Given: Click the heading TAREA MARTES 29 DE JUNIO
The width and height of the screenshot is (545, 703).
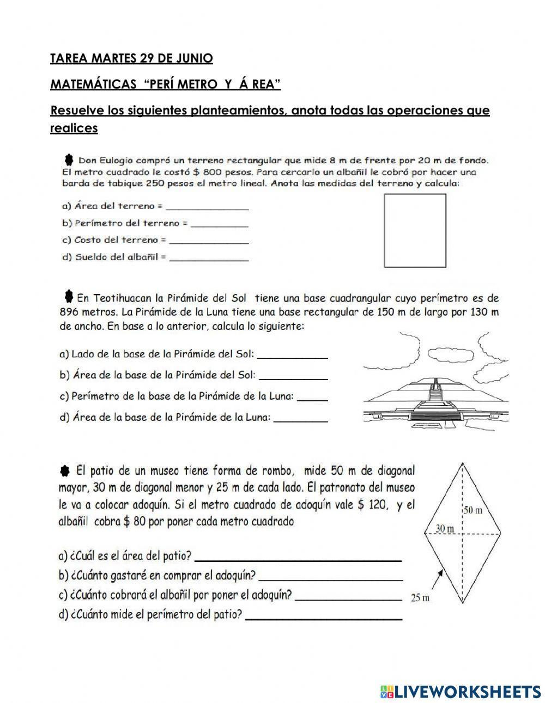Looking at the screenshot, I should (x=131, y=58).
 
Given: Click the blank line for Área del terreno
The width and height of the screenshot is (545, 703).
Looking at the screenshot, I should (x=207, y=207).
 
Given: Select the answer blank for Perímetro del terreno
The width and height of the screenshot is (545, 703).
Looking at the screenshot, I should (x=220, y=224).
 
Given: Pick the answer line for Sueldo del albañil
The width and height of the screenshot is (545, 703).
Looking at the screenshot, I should (x=209, y=258).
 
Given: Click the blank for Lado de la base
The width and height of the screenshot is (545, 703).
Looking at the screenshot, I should (x=292, y=355).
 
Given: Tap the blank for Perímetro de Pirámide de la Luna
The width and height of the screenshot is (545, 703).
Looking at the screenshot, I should (x=313, y=398).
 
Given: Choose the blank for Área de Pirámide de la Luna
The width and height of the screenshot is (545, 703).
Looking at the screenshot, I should (x=301, y=418).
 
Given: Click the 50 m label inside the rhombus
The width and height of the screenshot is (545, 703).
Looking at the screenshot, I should (x=473, y=510).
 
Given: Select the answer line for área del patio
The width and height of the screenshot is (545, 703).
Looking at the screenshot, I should (x=298, y=558).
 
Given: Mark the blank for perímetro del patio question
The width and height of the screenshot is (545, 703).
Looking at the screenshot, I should (x=324, y=616).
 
